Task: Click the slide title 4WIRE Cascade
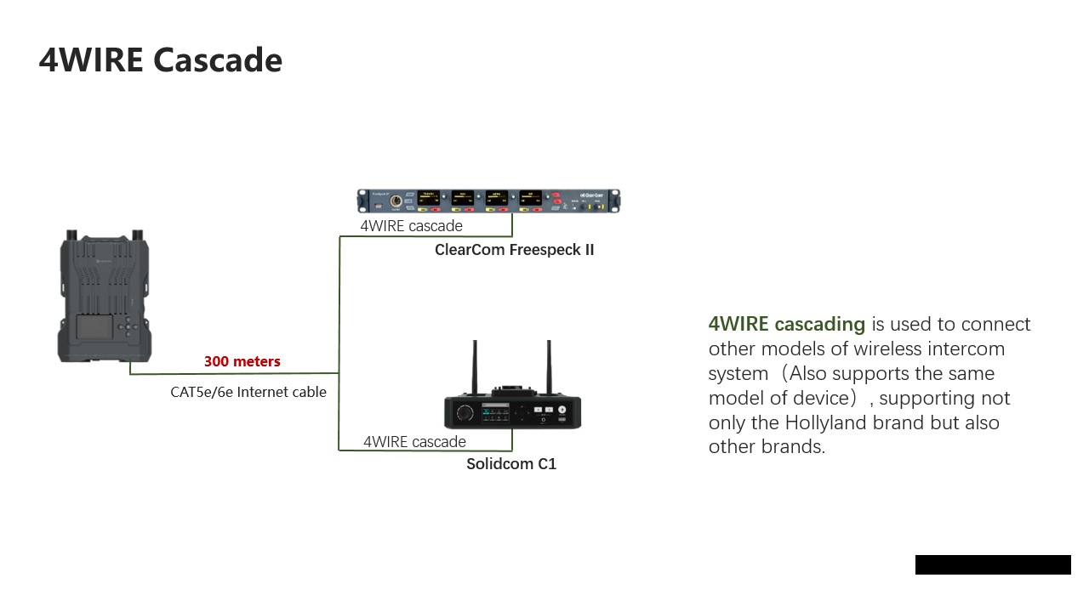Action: [161, 60]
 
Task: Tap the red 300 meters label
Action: [242, 361]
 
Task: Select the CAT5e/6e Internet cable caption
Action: [248, 392]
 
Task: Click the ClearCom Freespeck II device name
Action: [515, 250]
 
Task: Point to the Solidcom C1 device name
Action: [511, 464]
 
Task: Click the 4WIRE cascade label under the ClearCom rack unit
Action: [411, 226]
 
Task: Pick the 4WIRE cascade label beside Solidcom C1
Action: [414, 441]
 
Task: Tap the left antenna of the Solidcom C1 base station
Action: [475, 367]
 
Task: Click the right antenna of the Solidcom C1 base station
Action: [549, 367]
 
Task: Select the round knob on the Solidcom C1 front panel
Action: [465, 413]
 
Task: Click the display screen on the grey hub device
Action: [95, 327]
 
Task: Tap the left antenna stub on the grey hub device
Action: [71, 235]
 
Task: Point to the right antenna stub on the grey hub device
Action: [138, 235]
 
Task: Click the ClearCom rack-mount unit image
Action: [488, 201]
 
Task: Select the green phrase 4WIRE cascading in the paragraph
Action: [787, 324]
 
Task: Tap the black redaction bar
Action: [993, 565]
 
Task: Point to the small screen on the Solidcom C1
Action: [495, 413]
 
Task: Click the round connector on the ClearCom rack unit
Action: [396, 201]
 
